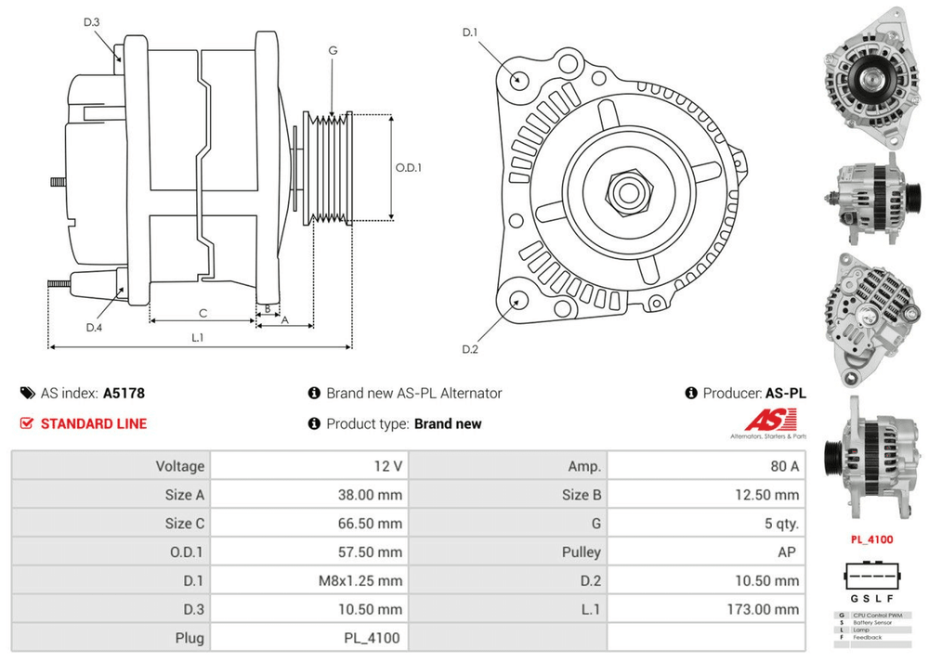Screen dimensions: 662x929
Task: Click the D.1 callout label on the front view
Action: (470, 33)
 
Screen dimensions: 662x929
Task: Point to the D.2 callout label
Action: (470, 349)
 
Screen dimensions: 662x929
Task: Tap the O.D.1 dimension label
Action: (409, 168)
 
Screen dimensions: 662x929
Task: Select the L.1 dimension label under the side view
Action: (197, 338)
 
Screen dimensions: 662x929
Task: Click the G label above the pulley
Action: (333, 50)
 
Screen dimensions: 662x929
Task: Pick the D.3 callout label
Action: (91, 22)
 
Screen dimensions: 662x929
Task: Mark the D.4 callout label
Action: (93, 327)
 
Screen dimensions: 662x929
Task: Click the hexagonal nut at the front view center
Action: (626, 193)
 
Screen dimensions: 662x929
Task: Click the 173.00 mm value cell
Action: (762, 609)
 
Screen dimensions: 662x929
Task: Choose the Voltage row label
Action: (179, 466)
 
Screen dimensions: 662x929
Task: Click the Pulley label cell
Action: (582, 552)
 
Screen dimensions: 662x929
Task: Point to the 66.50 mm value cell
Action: (370, 523)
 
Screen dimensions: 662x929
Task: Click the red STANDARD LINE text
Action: (94, 423)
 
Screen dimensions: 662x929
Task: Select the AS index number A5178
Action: (124, 393)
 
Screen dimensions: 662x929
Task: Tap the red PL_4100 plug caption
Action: (871, 539)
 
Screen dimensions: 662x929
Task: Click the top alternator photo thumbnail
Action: (870, 78)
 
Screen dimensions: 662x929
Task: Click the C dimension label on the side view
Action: (203, 312)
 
